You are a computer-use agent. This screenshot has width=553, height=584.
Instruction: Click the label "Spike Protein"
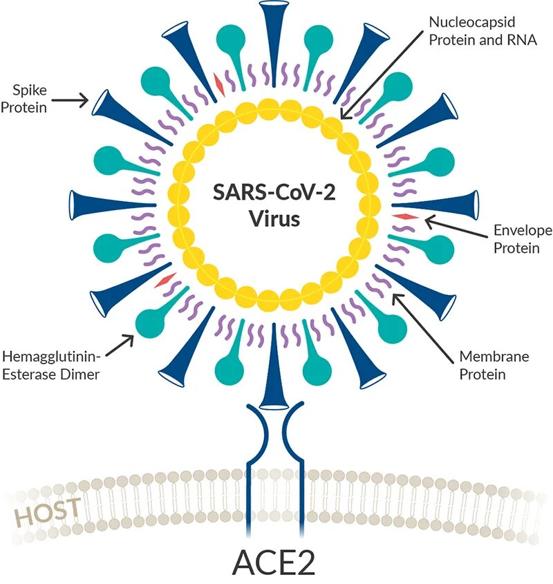coord(28,98)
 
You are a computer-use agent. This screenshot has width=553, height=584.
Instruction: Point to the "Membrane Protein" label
coord(494,366)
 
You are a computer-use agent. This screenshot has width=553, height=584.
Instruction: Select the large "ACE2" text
coord(274,561)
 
